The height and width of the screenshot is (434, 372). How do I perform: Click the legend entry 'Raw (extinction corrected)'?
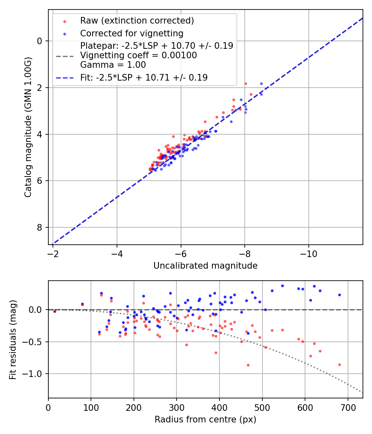click(x=137, y=21)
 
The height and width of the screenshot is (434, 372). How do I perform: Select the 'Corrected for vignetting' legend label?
click(x=132, y=33)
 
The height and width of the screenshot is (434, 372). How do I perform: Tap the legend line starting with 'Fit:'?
click(x=144, y=77)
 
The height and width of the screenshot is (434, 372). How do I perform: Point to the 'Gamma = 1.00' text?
click(x=113, y=64)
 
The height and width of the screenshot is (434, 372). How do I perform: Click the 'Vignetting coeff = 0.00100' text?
click(x=138, y=55)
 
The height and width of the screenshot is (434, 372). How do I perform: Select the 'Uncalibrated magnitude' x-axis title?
click(x=205, y=266)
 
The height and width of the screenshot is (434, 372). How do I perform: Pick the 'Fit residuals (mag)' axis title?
click(x=13, y=340)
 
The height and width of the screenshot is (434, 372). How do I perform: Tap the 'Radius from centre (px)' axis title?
click(x=205, y=420)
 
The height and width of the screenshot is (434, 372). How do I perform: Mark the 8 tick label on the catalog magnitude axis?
click(x=40, y=228)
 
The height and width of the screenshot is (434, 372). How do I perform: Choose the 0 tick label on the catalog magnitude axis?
click(x=40, y=41)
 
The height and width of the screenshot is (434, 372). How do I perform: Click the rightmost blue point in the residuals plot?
click(x=339, y=295)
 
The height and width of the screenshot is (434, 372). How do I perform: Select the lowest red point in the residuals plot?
click(x=248, y=365)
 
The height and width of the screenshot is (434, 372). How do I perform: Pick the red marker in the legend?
click(x=64, y=21)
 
